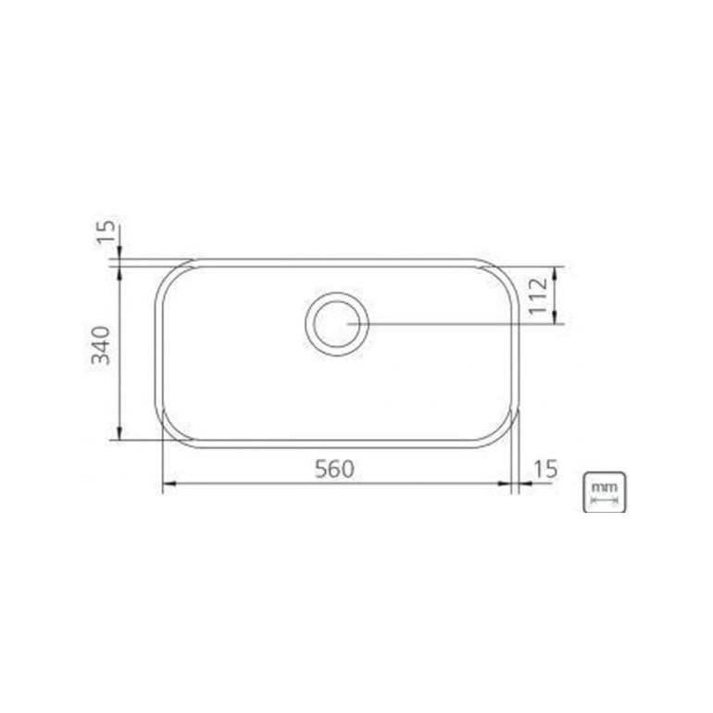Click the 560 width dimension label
[334, 469]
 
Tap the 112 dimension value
[541, 295]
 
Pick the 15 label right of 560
[545, 469]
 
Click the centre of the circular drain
[336, 323]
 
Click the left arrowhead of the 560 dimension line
[167, 483]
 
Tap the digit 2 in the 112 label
[541, 281]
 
